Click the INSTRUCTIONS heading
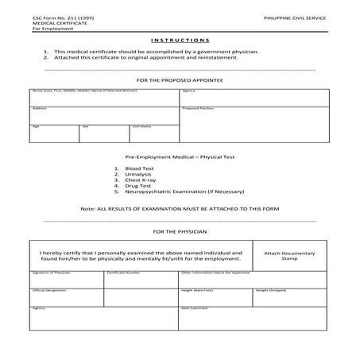pyautogui.click(x=179, y=39)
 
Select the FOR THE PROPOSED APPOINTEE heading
pyautogui.click(x=179, y=81)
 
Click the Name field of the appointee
pyautogui.click(x=104, y=98)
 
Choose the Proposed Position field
pyautogui.click(x=255, y=125)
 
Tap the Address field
pyautogui.click(x=104, y=115)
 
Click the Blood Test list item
pyautogui.click(x=138, y=168)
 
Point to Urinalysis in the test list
pyautogui.click(x=137, y=174)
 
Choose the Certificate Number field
pyautogui.click(x=142, y=279)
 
